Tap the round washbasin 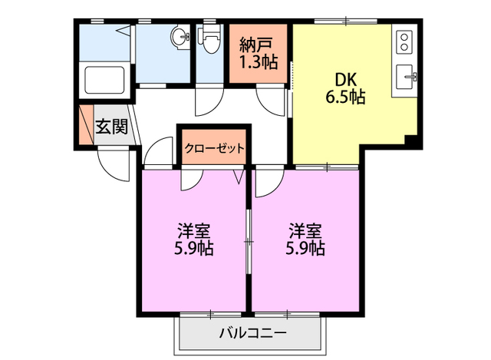pyautogui.click(x=179, y=36)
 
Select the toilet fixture pyautogui.click(x=207, y=38)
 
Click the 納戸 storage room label pyautogui.click(x=255, y=41)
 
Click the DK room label pyautogui.click(x=343, y=78)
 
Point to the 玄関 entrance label pyautogui.click(x=111, y=127)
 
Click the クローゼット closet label pyautogui.click(x=214, y=147)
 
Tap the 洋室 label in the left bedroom pyautogui.click(x=194, y=230)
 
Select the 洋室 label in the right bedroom pyautogui.click(x=305, y=230)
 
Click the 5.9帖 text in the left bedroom pyautogui.click(x=194, y=249)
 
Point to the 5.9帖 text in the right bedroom pyautogui.click(x=305, y=249)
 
